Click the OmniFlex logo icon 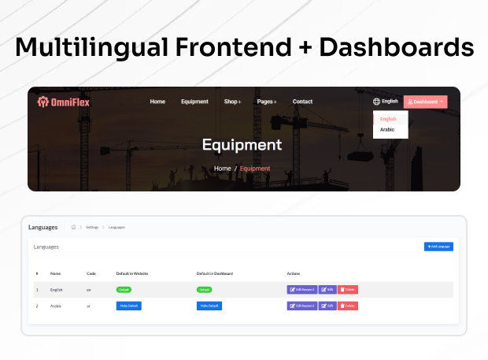pyautogui.click(x=43, y=102)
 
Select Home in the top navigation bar pyautogui.click(x=157, y=102)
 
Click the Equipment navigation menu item pyautogui.click(x=194, y=102)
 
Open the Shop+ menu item pyautogui.click(x=232, y=102)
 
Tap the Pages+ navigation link pyautogui.click(x=267, y=102)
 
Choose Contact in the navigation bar pyautogui.click(x=302, y=102)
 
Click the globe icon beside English pyautogui.click(x=376, y=102)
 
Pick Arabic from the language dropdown pyautogui.click(x=387, y=129)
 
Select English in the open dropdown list pyautogui.click(x=388, y=119)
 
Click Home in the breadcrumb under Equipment pyautogui.click(x=223, y=169)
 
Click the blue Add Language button pyautogui.click(x=438, y=247)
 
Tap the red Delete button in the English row pyautogui.click(x=348, y=289)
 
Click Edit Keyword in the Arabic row pyautogui.click(x=302, y=306)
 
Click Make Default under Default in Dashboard pyautogui.click(x=209, y=306)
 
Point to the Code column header pyautogui.click(x=91, y=273)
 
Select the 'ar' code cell pyautogui.click(x=89, y=306)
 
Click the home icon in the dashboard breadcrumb pyautogui.click(x=73, y=227)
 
